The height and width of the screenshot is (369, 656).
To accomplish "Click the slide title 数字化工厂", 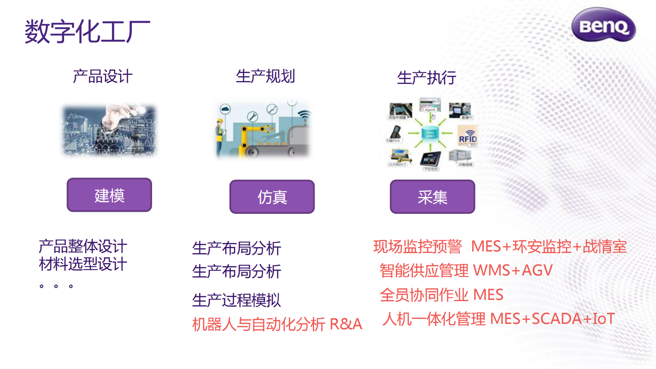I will (87, 31).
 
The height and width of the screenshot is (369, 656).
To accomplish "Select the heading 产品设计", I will (103, 77).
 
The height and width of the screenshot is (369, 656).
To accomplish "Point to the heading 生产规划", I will (265, 77).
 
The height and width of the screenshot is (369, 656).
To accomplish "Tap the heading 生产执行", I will (427, 78).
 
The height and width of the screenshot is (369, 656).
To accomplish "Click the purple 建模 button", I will (109, 195).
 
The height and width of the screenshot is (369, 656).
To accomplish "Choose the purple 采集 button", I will (432, 197).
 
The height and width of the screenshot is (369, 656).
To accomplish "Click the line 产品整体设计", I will (83, 247).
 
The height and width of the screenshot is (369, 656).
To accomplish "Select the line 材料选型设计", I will (83, 264).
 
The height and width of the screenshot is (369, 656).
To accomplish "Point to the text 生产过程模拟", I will (236, 300).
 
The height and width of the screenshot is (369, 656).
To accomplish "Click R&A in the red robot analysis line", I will (346, 324).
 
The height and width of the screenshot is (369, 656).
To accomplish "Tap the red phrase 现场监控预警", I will (417, 247).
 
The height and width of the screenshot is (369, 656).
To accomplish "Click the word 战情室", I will (605, 247).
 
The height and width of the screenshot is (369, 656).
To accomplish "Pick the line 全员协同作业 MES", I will (441, 295).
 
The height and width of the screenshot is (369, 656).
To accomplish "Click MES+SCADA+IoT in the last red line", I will (552, 319).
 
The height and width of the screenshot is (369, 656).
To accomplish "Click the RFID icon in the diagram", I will (468, 138).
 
